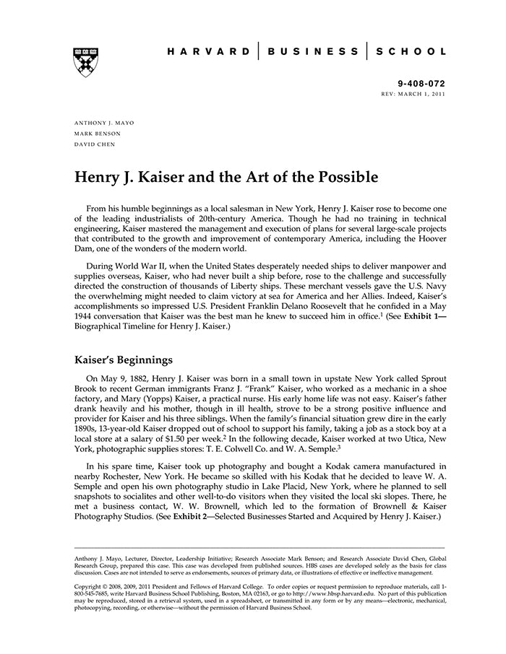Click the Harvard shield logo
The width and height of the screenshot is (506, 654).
click(86, 63)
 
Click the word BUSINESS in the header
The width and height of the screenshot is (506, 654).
click(312, 52)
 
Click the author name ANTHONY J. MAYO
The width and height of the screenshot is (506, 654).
click(104, 123)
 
